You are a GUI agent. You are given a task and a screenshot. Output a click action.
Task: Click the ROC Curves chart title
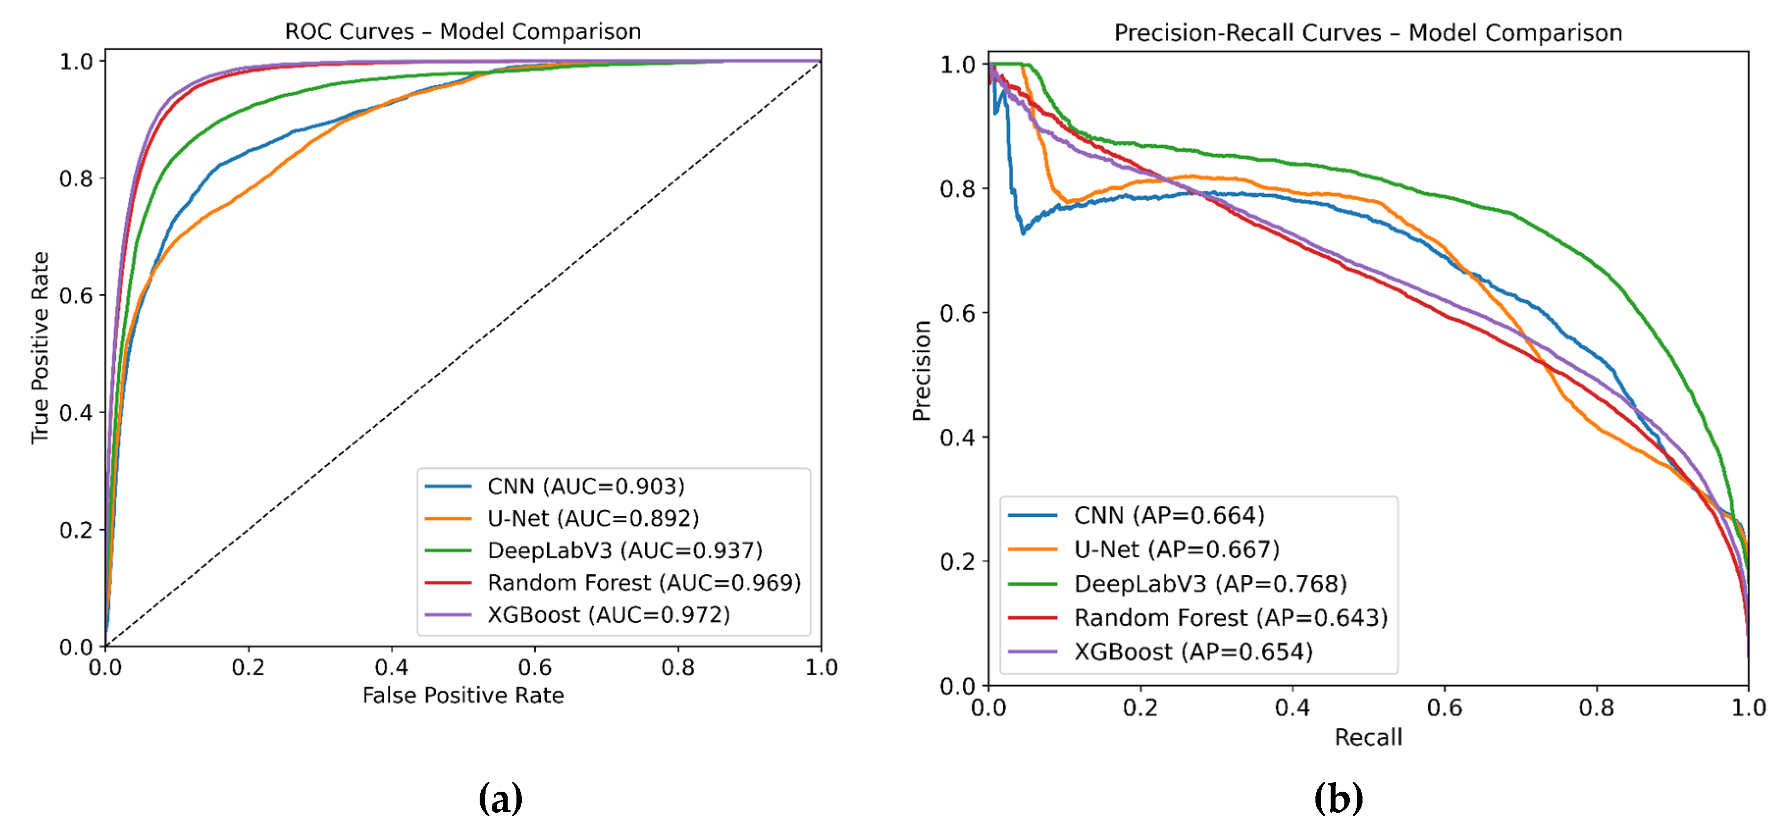(463, 32)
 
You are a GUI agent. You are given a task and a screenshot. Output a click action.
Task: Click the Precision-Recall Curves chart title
(1368, 32)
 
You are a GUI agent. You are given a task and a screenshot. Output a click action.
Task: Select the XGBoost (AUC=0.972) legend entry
(609, 615)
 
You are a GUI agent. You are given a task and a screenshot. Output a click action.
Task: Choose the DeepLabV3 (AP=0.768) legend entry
(1210, 583)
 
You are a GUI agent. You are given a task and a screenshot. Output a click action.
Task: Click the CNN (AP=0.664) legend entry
(1169, 515)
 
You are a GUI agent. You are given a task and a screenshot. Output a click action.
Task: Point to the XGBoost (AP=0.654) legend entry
(1193, 651)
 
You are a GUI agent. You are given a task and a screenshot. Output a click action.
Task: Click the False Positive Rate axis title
(463, 695)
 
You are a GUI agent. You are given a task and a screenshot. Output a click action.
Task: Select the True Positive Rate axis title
(40, 348)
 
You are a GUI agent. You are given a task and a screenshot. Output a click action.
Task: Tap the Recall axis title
(1368, 737)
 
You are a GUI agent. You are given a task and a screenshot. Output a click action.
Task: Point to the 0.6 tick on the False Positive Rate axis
(535, 667)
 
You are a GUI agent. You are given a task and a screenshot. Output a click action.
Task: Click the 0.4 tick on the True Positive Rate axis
(76, 414)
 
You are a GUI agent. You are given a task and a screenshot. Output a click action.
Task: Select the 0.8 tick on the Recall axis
(1596, 707)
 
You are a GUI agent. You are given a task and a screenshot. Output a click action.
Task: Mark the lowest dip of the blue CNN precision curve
(1023, 233)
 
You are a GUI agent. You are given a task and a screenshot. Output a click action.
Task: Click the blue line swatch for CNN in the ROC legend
(448, 486)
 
